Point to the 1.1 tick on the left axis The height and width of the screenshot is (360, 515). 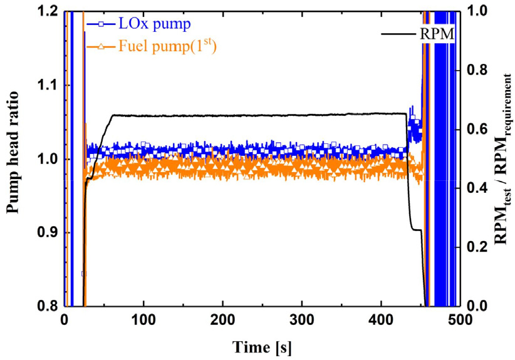click(48, 85)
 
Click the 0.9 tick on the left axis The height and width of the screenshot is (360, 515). click(48, 232)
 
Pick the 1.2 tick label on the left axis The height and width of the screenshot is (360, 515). click(48, 11)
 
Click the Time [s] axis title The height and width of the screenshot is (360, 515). click(263, 346)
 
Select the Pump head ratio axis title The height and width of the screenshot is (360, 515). click(14, 159)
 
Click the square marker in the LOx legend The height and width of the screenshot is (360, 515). click(98, 24)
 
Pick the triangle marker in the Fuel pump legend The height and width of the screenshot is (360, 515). click(98, 46)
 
